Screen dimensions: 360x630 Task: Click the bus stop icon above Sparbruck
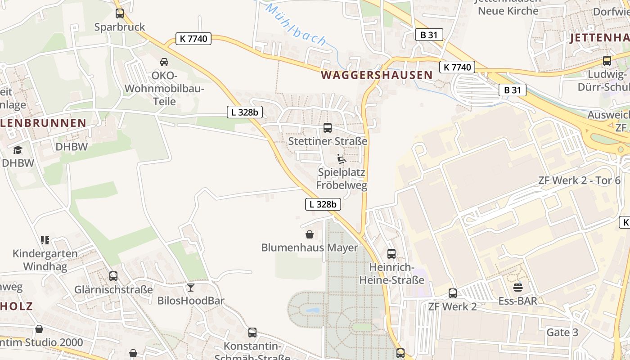click(119, 13)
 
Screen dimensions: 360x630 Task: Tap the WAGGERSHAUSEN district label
click(377, 75)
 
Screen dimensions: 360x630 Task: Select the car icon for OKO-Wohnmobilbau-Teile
click(164, 62)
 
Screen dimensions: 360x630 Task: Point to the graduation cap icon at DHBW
click(18, 150)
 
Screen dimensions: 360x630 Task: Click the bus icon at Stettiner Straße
click(328, 128)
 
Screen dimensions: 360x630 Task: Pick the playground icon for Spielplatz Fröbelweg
click(342, 159)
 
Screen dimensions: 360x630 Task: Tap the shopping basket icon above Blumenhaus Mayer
click(310, 234)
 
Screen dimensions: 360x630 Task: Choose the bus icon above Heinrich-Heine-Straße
click(391, 254)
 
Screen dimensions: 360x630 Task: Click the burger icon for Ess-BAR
click(518, 287)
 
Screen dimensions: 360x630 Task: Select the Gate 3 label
click(562, 333)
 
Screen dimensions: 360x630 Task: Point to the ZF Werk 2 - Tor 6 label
click(579, 181)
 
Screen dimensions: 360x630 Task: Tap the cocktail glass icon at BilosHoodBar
click(191, 287)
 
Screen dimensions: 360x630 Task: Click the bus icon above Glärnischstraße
click(113, 276)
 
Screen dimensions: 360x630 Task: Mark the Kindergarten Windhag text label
click(45, 260)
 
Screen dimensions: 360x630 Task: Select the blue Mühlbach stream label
click(295, 24)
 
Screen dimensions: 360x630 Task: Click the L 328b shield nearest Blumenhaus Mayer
click(323, 204)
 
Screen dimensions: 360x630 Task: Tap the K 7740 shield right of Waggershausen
click(457, 67)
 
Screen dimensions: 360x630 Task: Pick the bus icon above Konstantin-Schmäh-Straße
click(252, 333)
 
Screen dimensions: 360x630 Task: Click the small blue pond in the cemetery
click(312, 310)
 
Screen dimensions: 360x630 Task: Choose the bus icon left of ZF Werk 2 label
click(453, 293)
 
